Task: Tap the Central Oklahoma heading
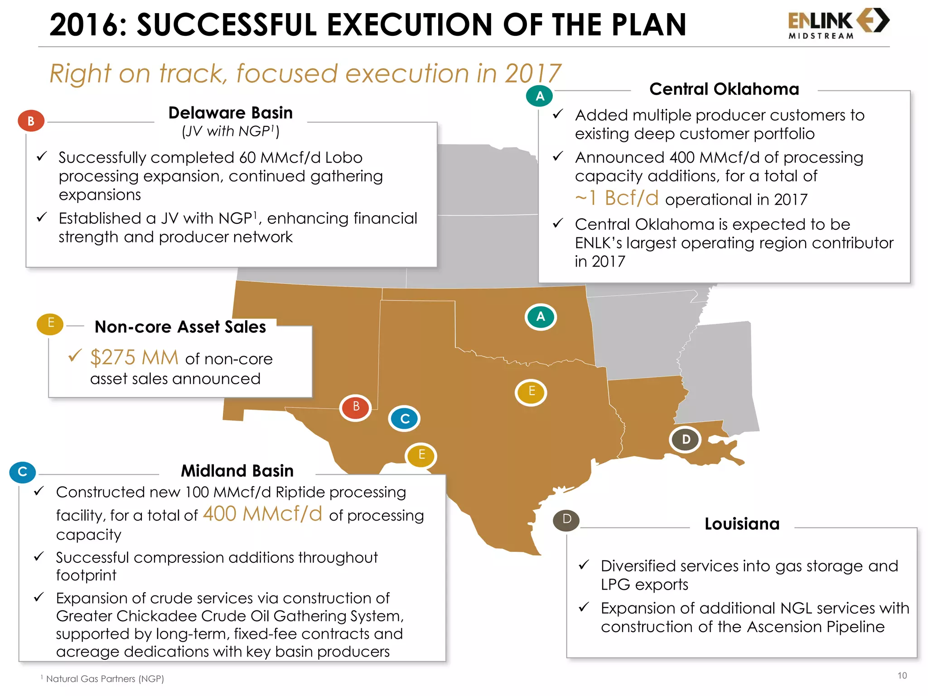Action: tap(724, 89)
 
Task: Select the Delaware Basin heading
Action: tap(230, 113)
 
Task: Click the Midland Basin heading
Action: tap(237, 471)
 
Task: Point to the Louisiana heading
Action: tap(742, 524)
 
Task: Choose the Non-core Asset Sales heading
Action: tap(180, 327)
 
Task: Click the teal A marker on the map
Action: tap(540, 317)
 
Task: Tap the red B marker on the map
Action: tap(356, 407)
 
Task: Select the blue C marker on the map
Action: tap(404, 419)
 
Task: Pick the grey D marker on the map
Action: tap(686, 440)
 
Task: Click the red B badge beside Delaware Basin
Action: tap(31, 121)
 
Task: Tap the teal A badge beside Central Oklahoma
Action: tap(539, 96)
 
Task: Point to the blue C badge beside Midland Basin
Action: tap(22, 472)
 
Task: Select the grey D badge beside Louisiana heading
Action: tap(566, 520)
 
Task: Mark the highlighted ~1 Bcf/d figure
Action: tap(617, 198)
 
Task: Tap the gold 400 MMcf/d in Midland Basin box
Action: tap(262, 514)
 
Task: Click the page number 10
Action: tap(902, 676)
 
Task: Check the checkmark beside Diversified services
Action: tap(584, 565)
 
